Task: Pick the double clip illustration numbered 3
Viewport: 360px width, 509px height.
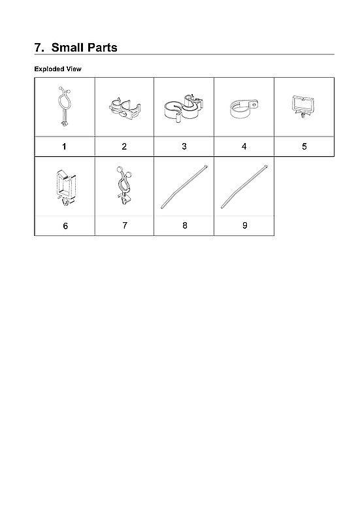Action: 184,108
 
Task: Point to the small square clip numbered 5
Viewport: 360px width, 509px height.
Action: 302,106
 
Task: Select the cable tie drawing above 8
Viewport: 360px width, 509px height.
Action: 184,187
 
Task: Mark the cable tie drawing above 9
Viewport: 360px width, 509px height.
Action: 244,187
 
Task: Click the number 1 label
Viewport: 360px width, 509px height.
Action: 64,146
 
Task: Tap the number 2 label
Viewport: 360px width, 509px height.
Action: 124,146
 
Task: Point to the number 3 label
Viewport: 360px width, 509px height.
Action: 184,146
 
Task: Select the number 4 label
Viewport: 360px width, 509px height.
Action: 244,146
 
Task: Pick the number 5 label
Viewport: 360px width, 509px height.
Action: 304,146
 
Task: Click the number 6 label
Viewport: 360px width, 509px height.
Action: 64,225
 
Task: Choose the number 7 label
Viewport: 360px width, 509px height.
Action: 124,225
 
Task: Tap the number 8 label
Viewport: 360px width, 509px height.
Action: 185,225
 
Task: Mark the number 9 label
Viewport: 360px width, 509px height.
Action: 244,225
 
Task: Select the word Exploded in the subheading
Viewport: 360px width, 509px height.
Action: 49,69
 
